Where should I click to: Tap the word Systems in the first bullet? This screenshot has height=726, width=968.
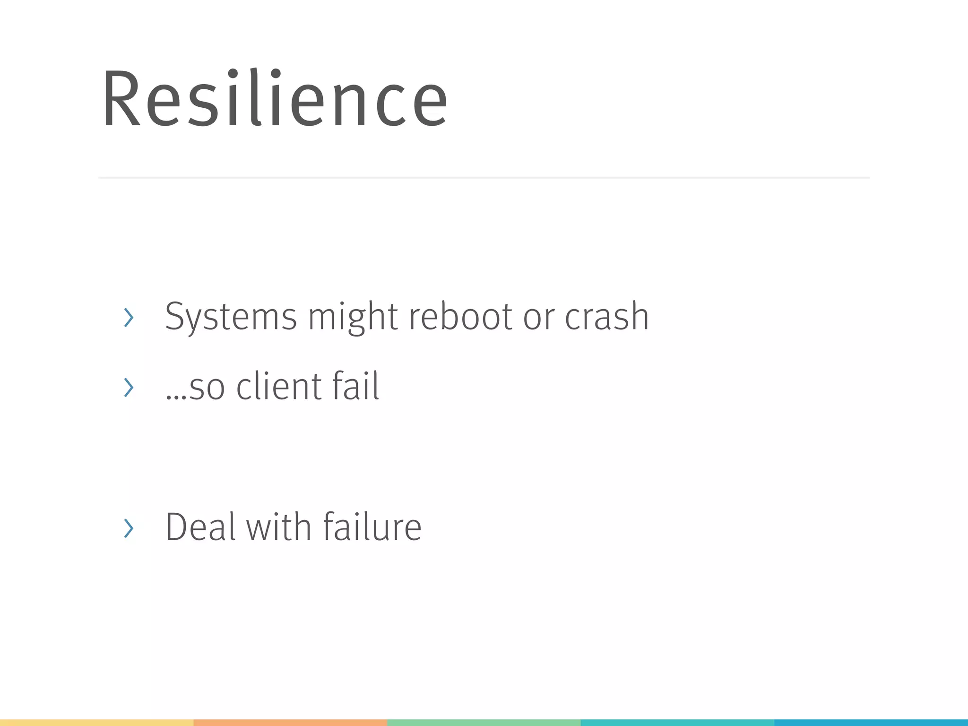231,317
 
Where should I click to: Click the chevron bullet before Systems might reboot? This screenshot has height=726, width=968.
128,317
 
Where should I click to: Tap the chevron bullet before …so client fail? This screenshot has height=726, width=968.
128,387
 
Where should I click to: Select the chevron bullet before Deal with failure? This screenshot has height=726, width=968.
128,528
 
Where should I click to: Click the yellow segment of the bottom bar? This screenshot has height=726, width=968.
96,723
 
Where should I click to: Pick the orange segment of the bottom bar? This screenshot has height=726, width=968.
290,723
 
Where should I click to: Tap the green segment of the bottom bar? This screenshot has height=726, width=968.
484,723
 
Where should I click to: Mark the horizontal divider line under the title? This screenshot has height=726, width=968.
484,178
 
